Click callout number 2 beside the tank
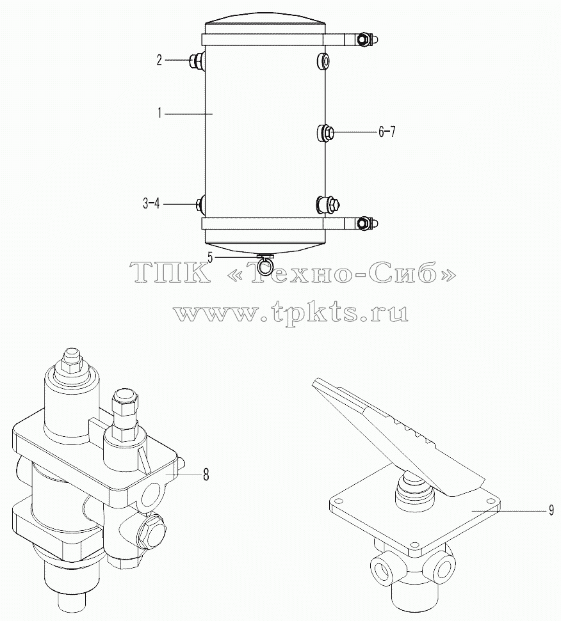pyautogui.click(x=159, y=61)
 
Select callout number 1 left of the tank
pyautogui.click(x=159, y=114)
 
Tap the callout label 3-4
pyautogui.click(x=151, y=204)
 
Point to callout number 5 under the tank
pyautogui.click(x=211, y=258)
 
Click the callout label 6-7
pyautogui.click(x=387, y=132)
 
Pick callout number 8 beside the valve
pyautogui.click(x=206, y=475)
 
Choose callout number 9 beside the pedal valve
pyautogui.click(x=551, y=511)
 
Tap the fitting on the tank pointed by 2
pyautogui.click(x=197, y=60)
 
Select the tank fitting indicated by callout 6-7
pyautogui.click(x=326, y=132)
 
